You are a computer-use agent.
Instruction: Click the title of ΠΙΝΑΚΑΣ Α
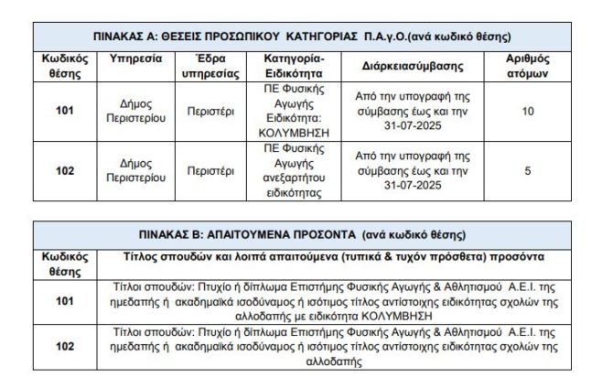click(x=301, y=38)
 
